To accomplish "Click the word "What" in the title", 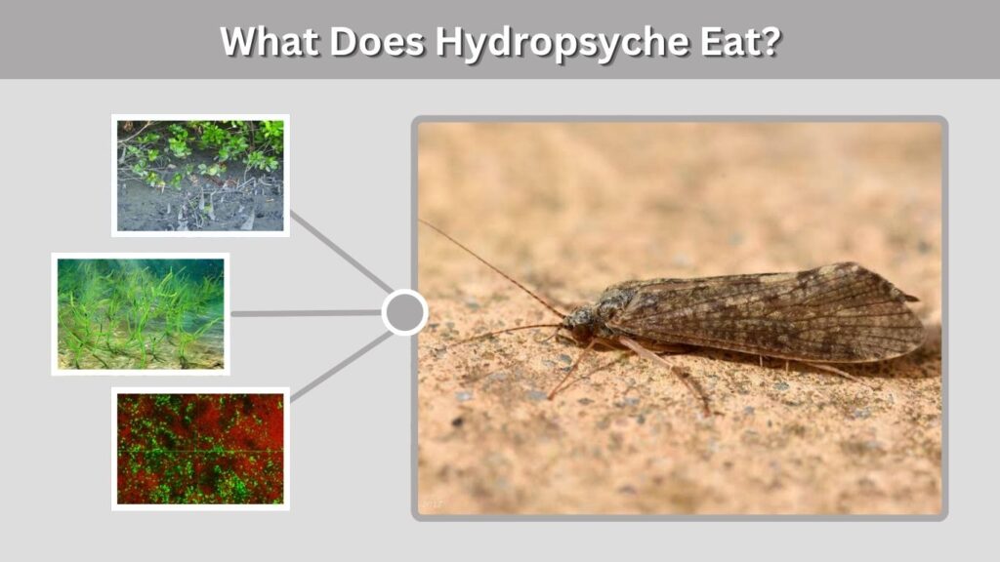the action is [269, 42].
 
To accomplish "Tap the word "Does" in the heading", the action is [376, 42].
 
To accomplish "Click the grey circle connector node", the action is [404, 312].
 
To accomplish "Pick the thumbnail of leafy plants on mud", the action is [200, 176].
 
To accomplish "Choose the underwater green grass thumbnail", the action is [141, 314].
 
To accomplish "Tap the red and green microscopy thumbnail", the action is [200, 449].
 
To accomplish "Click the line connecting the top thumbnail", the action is [340, 251].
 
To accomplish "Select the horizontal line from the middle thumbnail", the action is [306, 313].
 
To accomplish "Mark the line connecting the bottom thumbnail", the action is [340, 367].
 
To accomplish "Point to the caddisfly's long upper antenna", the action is [492, 267].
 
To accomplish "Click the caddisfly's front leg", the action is [569, 370].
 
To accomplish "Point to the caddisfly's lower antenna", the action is [503, 334].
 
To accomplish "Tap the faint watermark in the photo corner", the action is [433, 504].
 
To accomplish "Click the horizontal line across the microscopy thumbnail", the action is [200, 451].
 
